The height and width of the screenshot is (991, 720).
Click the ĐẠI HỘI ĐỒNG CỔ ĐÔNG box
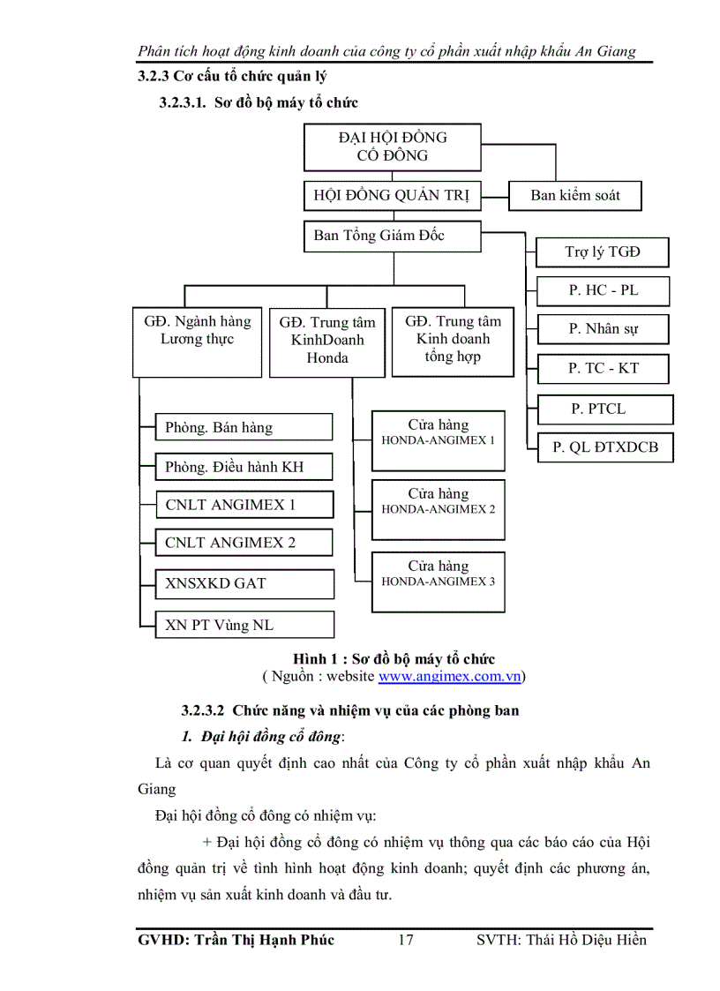pyautogui.click(x=393, y=146)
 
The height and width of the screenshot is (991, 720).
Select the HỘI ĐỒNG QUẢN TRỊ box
pyautogui.click(x=393, y=196)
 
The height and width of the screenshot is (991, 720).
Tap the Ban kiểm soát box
pyautogui.click(x=574, y=196)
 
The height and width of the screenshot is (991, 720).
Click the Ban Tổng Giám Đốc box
pyautogui.click(x=393, y=236)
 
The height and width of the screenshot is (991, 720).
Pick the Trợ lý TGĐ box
pyautogui.click(x=603, y=252)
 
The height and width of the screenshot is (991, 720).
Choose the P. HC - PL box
pyautogui.click(x=603, y=290)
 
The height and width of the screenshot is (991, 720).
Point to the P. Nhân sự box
pyautogui.click(x=603, y=329)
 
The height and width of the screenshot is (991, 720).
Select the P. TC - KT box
pyautogui.click(x=603, y=369)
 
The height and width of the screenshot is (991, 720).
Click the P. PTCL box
pyautogui.click(x=604, y=409)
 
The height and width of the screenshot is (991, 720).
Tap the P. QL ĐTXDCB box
pyautogui.click(x=604, y=447)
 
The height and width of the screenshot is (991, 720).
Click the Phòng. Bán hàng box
pyautogui.click(x=244, y=428)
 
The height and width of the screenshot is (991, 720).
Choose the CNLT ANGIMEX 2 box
pyautogui.click(x=244, y=543)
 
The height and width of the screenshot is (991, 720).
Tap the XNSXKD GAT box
pyautogui.click(x=244, y=583)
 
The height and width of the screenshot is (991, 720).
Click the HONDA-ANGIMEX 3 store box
pyautogui.click(x=438, y=581)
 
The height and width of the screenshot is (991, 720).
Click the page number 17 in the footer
pyautogui.click(x=405, y=940)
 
